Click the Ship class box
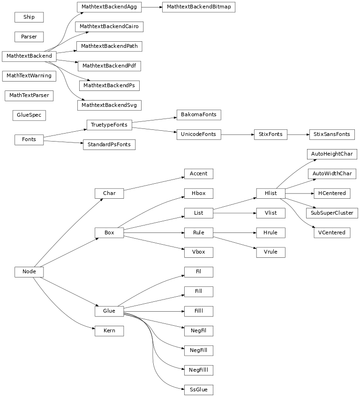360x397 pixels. (x=29, y=17)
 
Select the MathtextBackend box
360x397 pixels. (x=29, y=56)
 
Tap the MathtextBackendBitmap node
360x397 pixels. (x=198, y=7)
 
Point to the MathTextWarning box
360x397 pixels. (x=29, y=75)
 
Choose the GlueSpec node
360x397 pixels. (x=29, y=114)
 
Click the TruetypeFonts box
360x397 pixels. (x=109, y=125)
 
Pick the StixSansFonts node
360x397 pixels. (x=331, y=135)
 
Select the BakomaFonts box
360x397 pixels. (x=198, y=115)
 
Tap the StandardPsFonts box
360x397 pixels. (x=109, y=144)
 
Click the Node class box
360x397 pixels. (x=29, y=272)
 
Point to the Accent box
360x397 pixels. (x=198, y=173)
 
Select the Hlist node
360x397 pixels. (x=270, y=193)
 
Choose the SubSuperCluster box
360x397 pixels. (x=331, y=213)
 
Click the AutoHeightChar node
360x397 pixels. (x=331, y=154)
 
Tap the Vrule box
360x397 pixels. (x=270, y=252)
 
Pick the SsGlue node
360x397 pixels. (x=198, y=389)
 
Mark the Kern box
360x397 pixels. (x=109, y=331)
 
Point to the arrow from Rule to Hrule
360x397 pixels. (x=234, y=232)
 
